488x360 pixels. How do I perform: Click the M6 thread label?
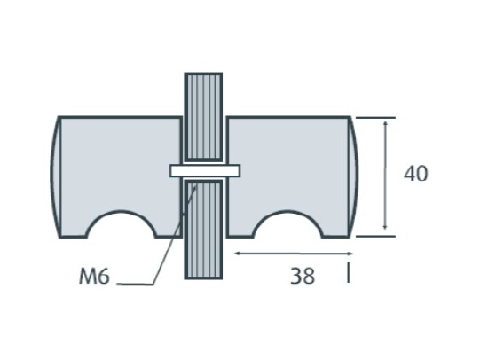(x=94, y=277)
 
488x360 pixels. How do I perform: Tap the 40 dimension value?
(x=415, y=174)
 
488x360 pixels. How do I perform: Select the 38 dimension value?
(x=302, y=276)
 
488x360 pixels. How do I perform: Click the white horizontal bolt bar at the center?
(x=204, y=169)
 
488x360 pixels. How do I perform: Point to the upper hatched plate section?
(x=203, y=116)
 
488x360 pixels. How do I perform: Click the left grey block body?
(x=115, y=164)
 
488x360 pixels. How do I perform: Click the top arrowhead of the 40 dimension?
(x=384, y=124)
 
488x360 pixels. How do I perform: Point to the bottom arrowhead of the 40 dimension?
(x=384, y=230)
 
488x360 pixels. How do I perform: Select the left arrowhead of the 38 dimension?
(x=238, y=254)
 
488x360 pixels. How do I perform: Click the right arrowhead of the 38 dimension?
(x=348, y=254)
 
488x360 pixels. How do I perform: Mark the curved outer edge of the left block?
(x=53, y=176)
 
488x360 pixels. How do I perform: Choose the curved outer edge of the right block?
(x=356, y=176)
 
